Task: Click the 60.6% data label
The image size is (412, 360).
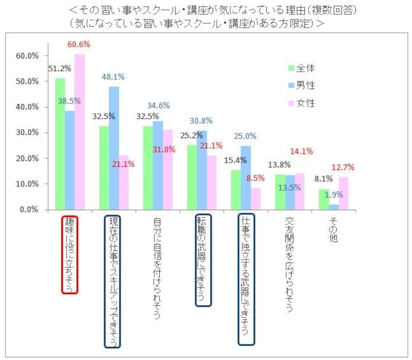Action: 78,45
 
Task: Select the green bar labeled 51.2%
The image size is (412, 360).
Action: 60,144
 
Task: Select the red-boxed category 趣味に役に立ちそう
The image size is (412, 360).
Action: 70,254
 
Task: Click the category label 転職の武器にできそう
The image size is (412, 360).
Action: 203,261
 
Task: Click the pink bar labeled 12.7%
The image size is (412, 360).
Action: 343,194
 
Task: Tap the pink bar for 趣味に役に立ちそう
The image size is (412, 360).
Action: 79,132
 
